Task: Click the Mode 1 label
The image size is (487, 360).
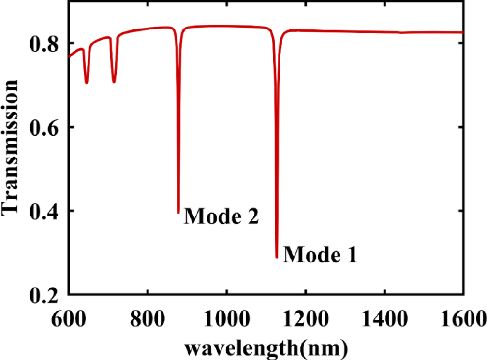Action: point(320,254)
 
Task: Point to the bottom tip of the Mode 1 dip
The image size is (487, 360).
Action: point(277,257)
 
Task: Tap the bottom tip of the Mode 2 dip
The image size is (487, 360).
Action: point(178,212)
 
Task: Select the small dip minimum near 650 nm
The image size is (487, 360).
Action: point(87,83)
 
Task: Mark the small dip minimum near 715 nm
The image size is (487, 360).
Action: point(114,82)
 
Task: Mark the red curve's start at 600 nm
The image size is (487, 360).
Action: point(69,57)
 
